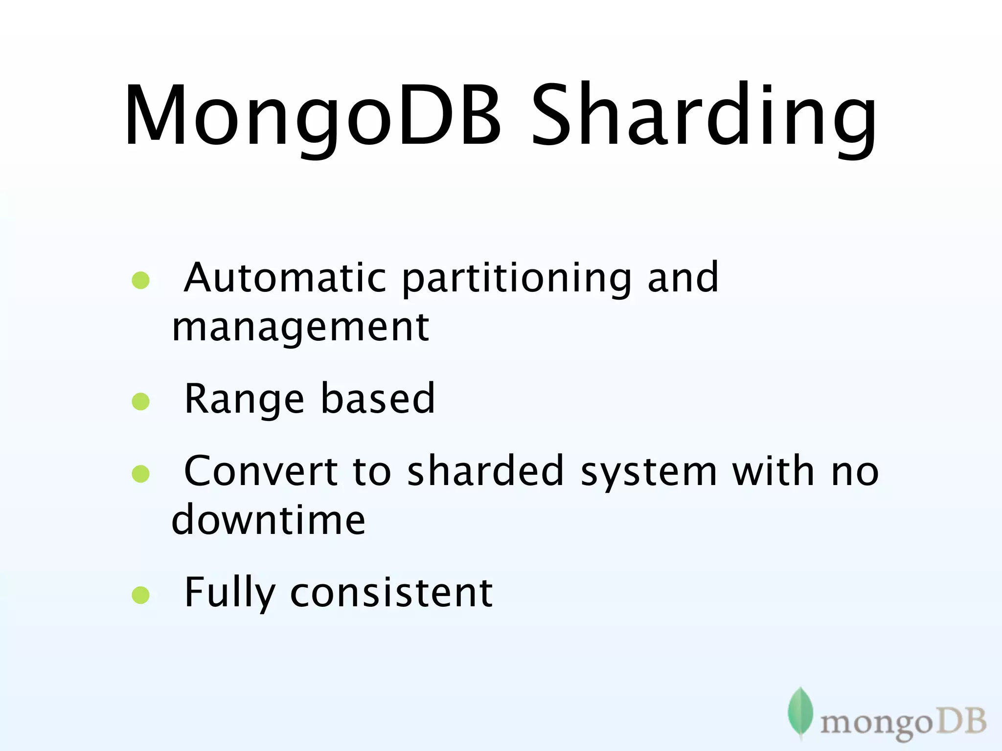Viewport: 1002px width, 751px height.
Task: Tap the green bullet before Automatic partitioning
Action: point(140,280)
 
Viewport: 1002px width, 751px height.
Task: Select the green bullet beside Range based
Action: point(140,401)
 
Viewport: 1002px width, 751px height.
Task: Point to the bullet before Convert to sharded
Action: point(140,473)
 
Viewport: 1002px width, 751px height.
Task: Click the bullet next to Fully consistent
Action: point(140,595)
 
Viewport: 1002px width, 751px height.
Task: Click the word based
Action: point(377,399)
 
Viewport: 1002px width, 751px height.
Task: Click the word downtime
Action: point(268,519)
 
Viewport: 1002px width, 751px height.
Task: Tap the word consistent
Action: point(391,593)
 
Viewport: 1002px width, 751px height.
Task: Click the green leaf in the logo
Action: point(800,713)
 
